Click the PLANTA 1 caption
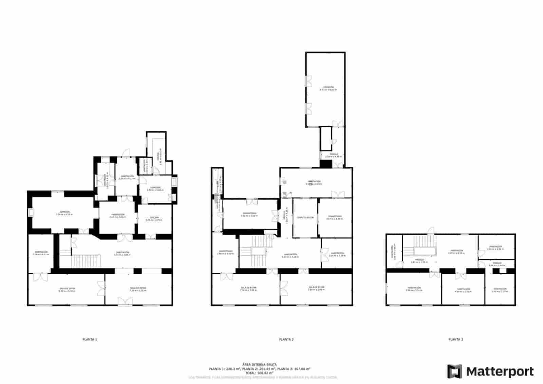tap(90, 339)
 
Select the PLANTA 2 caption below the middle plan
tap(286, 339)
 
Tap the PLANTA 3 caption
tap(455, 339)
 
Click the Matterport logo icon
tap(454, 371)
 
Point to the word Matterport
tap(500, 371)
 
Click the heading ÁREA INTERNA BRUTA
tap(260, 364)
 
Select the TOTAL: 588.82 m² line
tap(260, 373)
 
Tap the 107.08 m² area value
tap(301, 369)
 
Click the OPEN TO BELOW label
tap(305, 217)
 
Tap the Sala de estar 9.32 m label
tap(67, 289)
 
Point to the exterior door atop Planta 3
tap(431, 231)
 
